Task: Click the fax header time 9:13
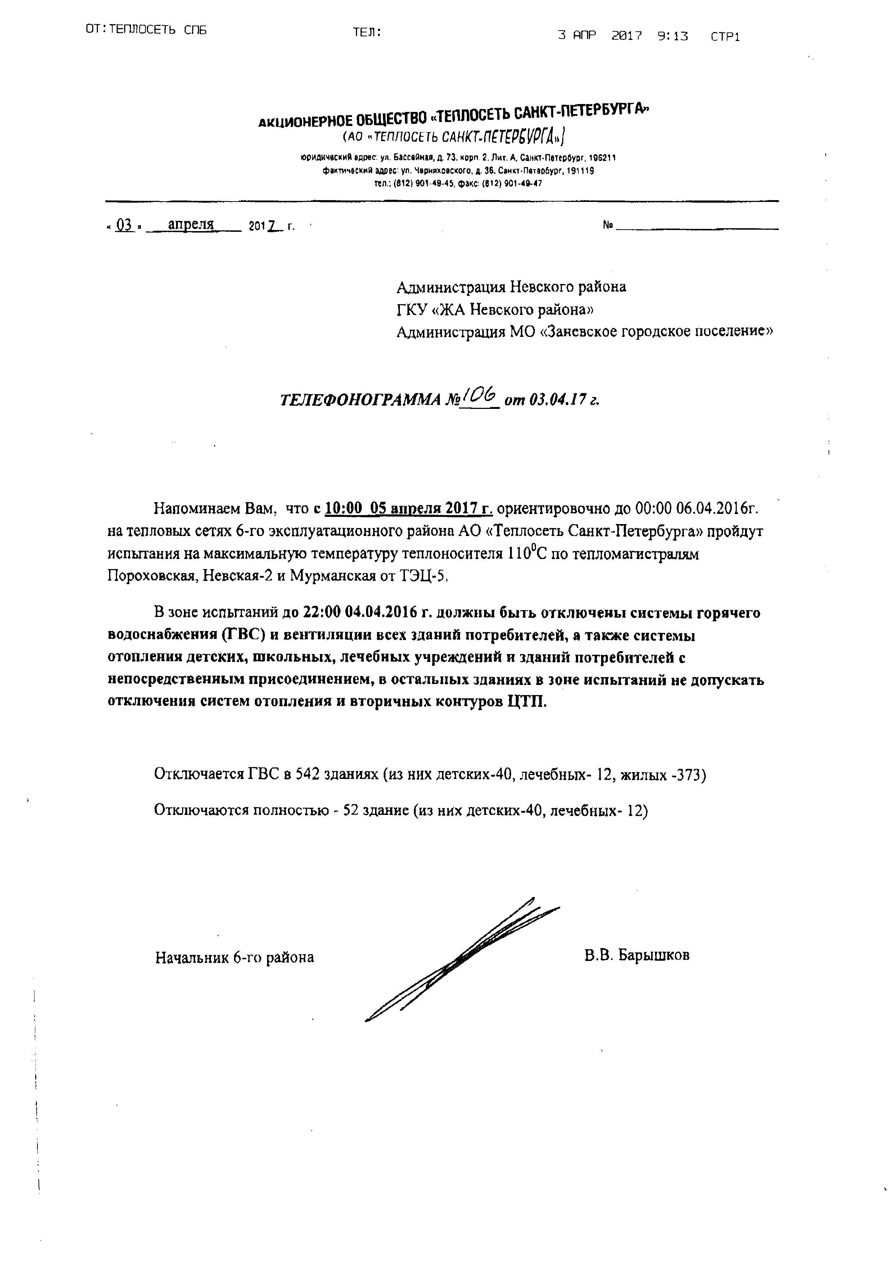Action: click(672, 36)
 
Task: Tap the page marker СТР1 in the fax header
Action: click(725, 37)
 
